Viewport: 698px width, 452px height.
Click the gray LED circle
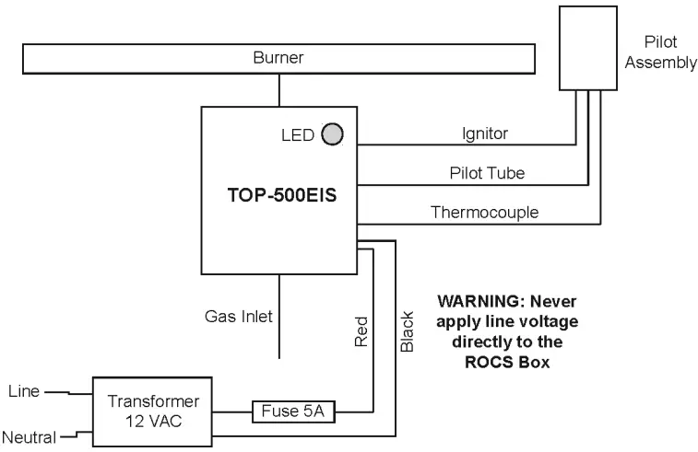pos(332,134)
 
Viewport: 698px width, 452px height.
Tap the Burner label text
pos(278,58)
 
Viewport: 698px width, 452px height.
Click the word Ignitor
pos(485,134)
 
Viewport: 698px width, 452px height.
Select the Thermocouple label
pos(485,213)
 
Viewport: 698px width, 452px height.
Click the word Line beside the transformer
pos(23,391)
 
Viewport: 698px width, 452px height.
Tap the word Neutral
pos(29,436)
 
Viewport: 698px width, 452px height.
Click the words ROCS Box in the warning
pos(507,362)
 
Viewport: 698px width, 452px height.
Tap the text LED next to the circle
pos(298,135)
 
